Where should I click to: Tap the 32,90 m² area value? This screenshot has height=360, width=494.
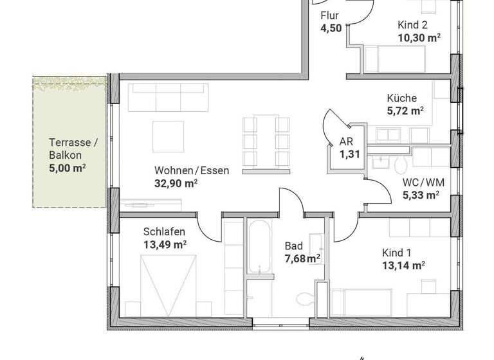[175, 183]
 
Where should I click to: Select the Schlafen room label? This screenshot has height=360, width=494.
[164, 231]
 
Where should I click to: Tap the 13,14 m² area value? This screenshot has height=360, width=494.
[403, 264]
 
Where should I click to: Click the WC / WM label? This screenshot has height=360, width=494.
[423, 182]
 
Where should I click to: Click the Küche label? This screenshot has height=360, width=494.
[401, 98]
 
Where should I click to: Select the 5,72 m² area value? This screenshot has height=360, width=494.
[405, 111]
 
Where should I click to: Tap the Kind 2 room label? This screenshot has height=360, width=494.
[412, 25]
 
